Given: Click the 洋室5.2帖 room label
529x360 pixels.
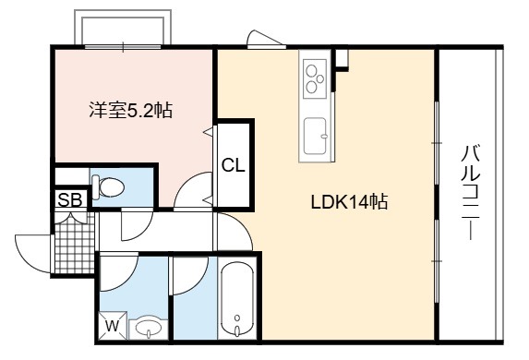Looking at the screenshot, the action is pyautogui.click(x=130, y=110).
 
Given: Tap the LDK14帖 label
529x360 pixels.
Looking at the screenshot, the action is pyautogui.click(x=349, y=201).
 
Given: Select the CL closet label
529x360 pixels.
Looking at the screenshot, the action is pyautogui.click(x=234, y=165).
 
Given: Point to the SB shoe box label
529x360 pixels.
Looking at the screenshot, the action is pyautogui.click(x=70, y=199).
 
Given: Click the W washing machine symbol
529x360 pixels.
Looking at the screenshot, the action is pyautogui.click(x=113, y=326).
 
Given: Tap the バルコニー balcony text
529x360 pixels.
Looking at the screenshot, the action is pyautogui.click(x=470, y=192).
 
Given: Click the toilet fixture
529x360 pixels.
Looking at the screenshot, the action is pyautogui.click(x=108, y=186).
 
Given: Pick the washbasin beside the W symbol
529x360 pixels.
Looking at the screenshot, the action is pyautogui.click(x=149, y=328).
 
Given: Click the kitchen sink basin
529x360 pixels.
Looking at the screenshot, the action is pyautogui.click(x=315, y=136).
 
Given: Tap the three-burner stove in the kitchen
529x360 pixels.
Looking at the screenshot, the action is pyautogui.click(x=315, y=78).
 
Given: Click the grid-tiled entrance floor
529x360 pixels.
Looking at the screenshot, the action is pyautogui.click(x=74, y=244).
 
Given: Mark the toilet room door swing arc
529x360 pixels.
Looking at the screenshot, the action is pyautogui.click(x=141, y=231).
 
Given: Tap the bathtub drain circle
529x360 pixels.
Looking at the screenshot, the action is pyautogui.click(x=237, y=318).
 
